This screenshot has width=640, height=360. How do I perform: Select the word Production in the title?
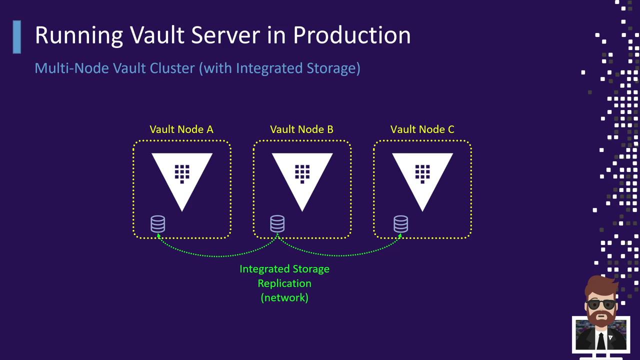click(351, 35)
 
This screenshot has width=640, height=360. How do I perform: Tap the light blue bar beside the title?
click(17, 36)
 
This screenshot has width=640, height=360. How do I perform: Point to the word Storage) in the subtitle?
click(333, 68)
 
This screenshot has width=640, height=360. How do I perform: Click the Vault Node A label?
click(181, 129)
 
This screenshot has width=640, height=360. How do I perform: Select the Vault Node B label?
click(301, 129)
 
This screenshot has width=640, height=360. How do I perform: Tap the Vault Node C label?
click(422, 129)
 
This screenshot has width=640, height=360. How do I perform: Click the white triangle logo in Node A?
click(182, 180)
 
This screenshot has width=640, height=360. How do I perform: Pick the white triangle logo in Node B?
click(302, 180)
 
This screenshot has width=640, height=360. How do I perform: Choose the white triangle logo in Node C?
click(422, 180)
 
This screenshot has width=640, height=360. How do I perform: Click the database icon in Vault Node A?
click(158, 223)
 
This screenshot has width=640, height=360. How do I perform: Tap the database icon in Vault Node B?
click(277, 223)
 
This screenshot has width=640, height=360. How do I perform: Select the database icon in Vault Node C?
click(400, 223)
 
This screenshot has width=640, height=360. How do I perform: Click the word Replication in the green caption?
click(284, 283)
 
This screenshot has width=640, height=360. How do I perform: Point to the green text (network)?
click(284, 297)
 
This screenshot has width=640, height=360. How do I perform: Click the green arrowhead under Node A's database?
click(159, 235)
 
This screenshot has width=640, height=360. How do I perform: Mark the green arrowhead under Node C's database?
click(400, 235)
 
